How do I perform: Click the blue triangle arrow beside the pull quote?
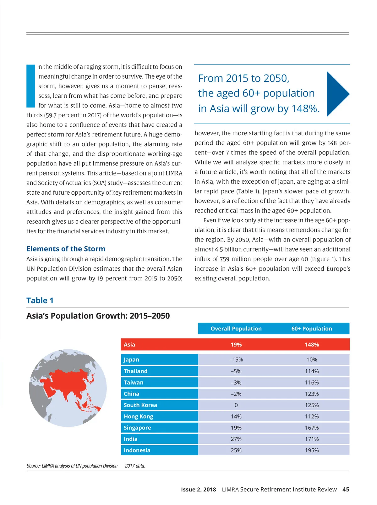click(x=337, y=94)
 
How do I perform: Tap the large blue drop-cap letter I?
click(x=31, y=86)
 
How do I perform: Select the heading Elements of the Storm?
click(x=66, y=249)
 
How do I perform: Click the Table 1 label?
click(x=40, y=300)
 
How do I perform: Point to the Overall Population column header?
click(x=236, y=329)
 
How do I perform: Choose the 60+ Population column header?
click(x=312, y=329)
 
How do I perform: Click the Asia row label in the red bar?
click(x=129, y=345)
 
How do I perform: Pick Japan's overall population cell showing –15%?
click(x=236, y=360)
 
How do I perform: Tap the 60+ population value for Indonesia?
click(x=312, y=450)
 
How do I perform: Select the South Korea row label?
click(x=140, y=405)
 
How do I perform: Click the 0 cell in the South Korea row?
click(x=236, y=405)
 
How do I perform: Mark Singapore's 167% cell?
click(x=312, y=428)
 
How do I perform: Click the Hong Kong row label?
click(x=139, y=416)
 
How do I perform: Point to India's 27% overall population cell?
click(x=236, y=439)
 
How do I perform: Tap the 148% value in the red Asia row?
click(x=312, y=345)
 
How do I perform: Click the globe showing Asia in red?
click(x=68, y=388)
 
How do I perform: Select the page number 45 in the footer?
click(x=346, y=489)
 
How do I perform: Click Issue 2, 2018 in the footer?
click(x=199, y=489)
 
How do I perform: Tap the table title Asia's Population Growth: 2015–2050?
click(x=98, y=316)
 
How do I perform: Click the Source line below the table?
click(x=86, y=466)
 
